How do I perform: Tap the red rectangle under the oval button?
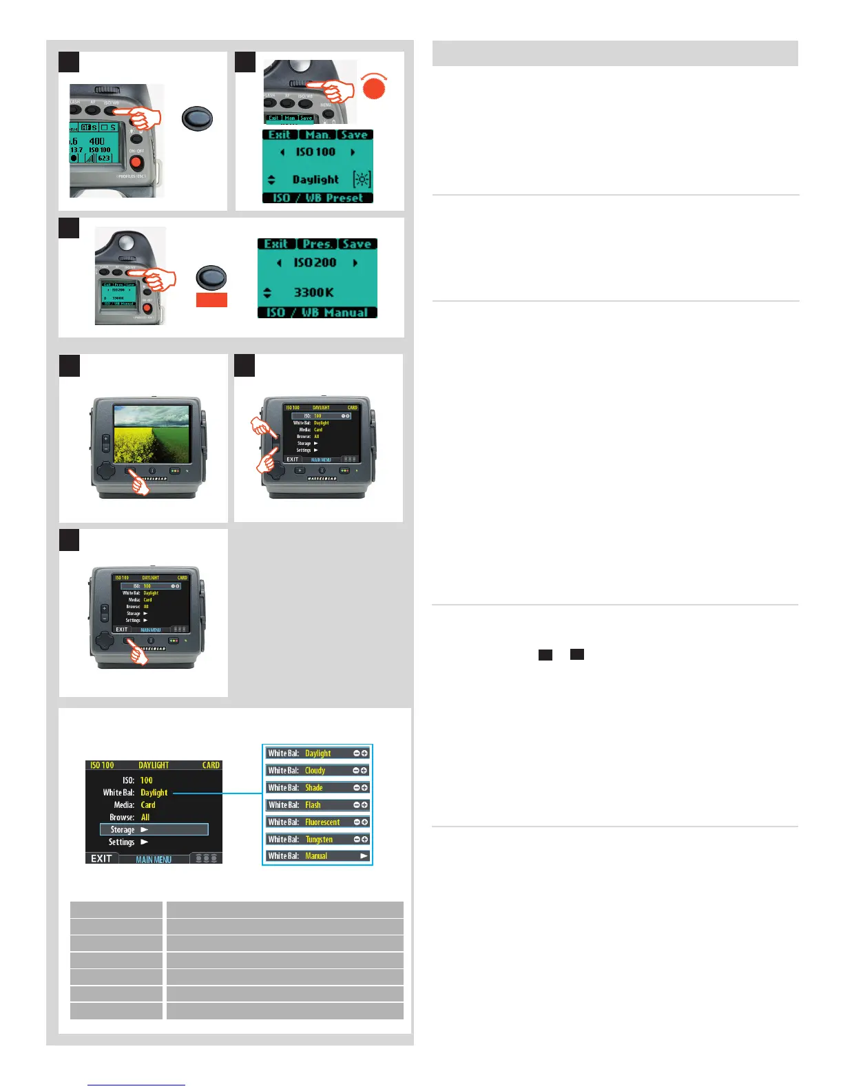211,300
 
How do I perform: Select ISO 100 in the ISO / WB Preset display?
315,152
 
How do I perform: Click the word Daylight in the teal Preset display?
315,180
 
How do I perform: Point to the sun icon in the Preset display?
362,180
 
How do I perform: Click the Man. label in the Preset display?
318,135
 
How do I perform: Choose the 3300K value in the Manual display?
314,292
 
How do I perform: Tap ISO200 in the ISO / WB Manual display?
315,262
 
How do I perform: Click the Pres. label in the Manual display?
317,244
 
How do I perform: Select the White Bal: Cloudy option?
318,771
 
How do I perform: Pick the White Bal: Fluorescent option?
318,822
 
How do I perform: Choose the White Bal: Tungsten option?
318,839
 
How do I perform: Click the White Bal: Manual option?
318,856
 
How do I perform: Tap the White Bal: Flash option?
318,804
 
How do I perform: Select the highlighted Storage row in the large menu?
154,830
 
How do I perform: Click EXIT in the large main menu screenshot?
101,859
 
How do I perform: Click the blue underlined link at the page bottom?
136,1085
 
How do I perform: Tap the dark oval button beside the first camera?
197,118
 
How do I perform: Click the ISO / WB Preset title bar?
318,198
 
